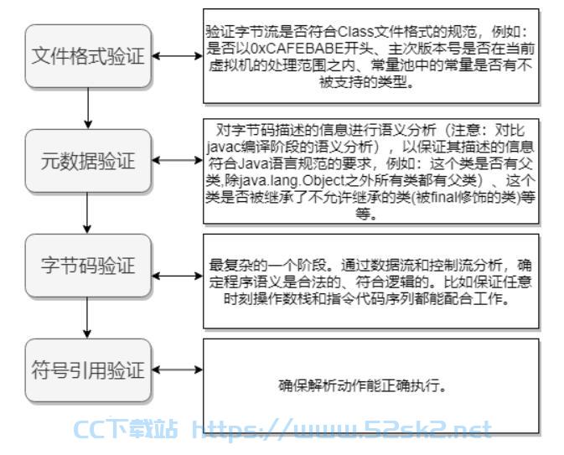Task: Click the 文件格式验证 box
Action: pyautogui.click(x=88, y=56)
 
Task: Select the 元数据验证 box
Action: pyautogui.click(x=88, y=160)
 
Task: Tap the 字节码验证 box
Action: pyautogui.click(x=88, y=266)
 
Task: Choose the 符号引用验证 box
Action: pyautogui.click(x=88, y=370)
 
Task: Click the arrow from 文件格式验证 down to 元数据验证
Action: pyautogui.click(x=88, y=108)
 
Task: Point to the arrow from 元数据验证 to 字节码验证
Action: pyautogui.click(x=87, y=213)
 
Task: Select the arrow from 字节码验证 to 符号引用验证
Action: pyautogui.click(x=87, y=318)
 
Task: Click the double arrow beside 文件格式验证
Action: pyautogui.click(x=177, y=56)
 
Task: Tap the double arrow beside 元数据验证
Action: pyautogui.click(x=177, y=160)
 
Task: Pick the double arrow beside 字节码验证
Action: pyautogui.click(x=177, y=276)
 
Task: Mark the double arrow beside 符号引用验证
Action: pyautogui.click(x=177, y=370)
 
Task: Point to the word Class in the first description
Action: pyautogui.click(x=354, y=32)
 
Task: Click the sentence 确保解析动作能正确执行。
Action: pyautogui.click(x=363, y=386)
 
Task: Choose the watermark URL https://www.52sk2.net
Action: pyautogui.click(x=342, y=429)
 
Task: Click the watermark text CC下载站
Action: pyautogui.click(x=126, y=429)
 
